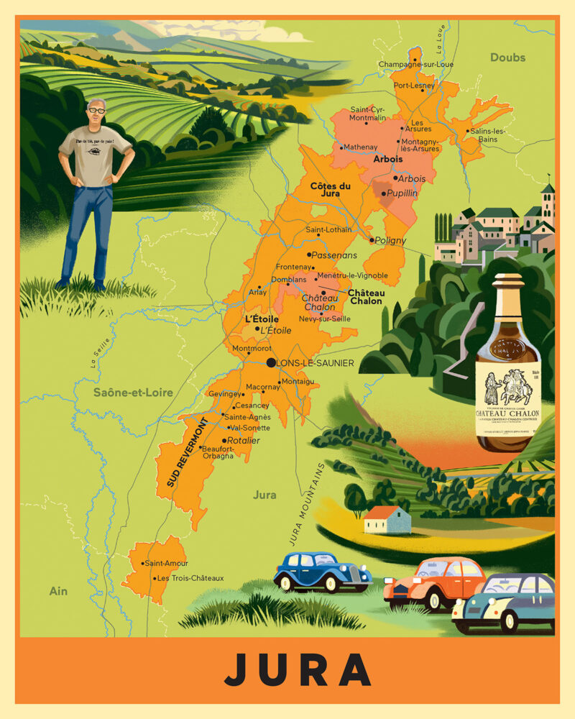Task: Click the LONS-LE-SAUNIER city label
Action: click(x=316, y=363)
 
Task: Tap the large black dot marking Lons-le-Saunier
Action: click(x=271, y=363)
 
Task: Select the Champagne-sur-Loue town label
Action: click(x=416, y=64)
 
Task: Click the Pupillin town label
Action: click(x=401, y=193)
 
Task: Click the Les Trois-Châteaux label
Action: click(x=190, y=578)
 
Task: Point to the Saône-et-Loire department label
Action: click(x=133, y=392)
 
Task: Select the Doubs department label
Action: click(x=507, y=58)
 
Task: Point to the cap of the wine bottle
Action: click(x=508, y=279)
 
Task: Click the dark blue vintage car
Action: click(x=321, y=571)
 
